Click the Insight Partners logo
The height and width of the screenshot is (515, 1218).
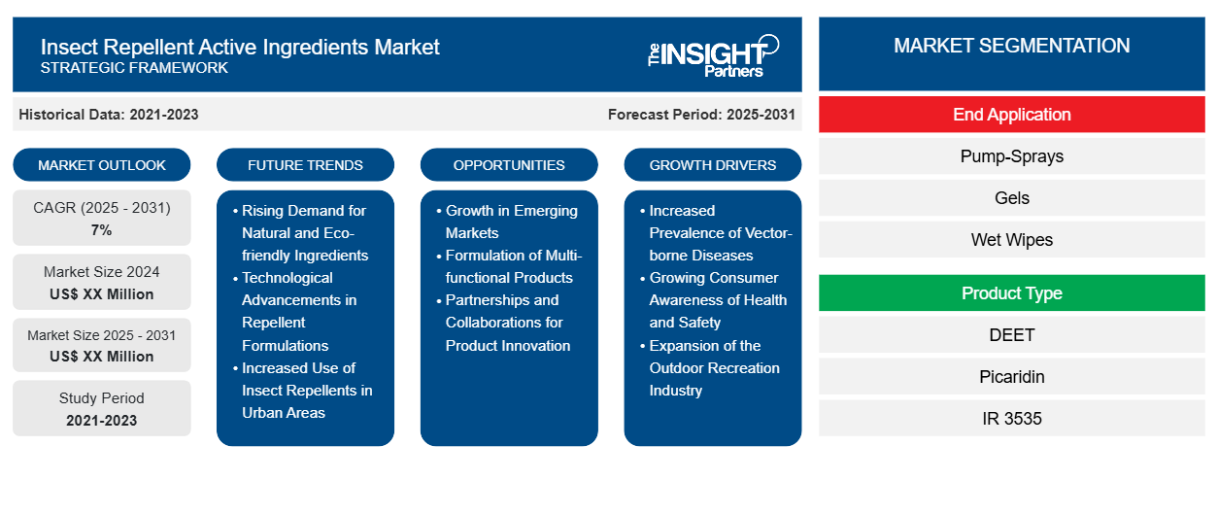tap(713, 54)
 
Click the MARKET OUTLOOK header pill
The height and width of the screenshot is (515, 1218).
tap(102, 165)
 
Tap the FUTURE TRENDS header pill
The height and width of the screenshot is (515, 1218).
tap(305, 165)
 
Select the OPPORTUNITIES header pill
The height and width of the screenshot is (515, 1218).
tap(509, 165)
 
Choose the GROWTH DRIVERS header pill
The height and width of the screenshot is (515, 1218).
tap(713, 165)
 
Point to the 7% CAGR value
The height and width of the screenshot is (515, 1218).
tap(102, 230)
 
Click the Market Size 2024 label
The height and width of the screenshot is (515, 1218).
tap(102, 272)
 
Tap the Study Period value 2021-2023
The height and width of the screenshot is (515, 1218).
tap(102, 421)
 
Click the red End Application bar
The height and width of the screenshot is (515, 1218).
tap(1011, 115)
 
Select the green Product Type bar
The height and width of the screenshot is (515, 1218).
tap(1011, 293)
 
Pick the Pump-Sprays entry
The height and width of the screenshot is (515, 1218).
tap(1011, 156)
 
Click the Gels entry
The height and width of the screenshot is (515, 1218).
tap(1011, 198)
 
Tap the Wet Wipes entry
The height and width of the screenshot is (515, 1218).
tap(1011, 240)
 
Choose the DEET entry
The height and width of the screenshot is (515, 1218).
tap(1011, 335)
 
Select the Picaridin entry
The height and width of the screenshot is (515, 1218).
tap(1011, 377)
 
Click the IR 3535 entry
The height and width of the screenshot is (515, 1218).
tap(1011, 419)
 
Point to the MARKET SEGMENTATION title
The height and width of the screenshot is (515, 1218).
tap(1011, 46)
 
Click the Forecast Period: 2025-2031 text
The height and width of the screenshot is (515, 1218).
tap(701, 115)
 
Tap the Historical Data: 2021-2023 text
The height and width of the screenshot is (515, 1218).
tap(109, 115)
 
